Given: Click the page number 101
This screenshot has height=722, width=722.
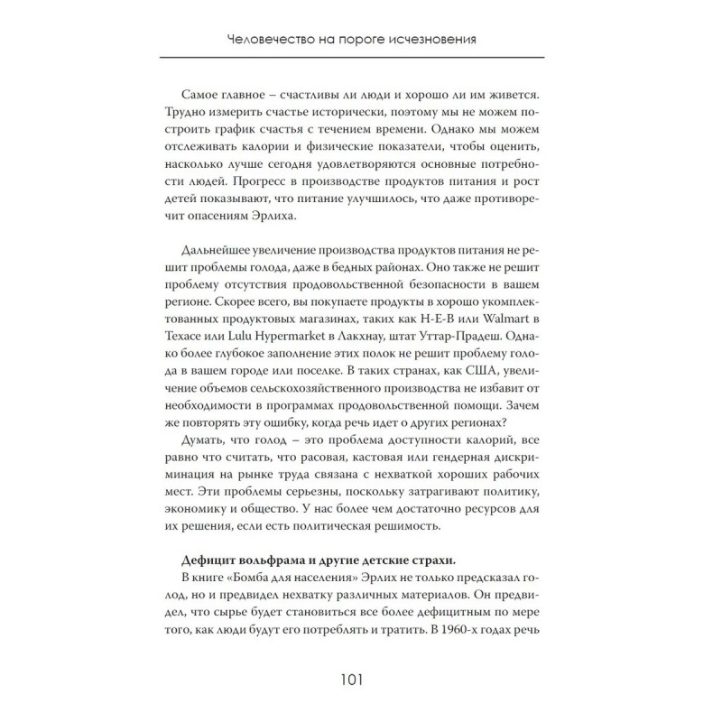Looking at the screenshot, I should click(x=361, y=681).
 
